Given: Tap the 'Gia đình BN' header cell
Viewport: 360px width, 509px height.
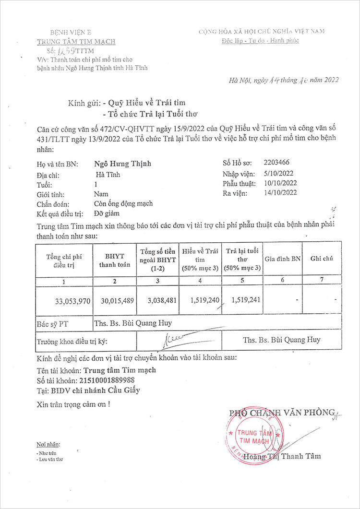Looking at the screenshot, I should tap(283, 259).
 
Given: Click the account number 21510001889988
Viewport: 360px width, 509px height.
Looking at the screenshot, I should tap(114, 380).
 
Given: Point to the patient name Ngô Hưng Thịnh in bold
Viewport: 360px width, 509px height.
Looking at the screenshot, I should tap(122, 164).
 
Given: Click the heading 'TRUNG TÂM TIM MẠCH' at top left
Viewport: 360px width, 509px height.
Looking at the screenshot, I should tap(76, 41).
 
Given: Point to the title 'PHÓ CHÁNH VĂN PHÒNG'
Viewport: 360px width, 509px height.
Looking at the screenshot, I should tap(282, 413).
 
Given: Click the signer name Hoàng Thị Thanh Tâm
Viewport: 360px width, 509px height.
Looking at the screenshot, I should tap(282, 456).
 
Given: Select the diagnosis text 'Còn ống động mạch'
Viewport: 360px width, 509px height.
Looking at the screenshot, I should tap(123, 203).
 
